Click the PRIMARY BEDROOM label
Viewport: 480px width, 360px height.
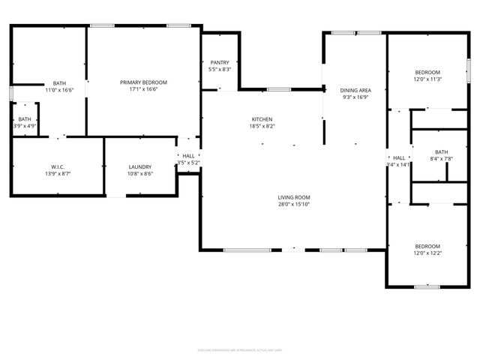tap(144, 82)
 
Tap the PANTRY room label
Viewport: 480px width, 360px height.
tap(220, 63)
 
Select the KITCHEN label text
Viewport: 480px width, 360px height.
tap(262, 119)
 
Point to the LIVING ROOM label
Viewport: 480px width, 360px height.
tap(295, 197)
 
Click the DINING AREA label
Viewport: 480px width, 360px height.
tap(355, 89)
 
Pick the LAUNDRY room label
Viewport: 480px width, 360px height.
tap(140, 166)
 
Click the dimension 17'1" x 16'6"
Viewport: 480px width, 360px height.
tap(144, 88)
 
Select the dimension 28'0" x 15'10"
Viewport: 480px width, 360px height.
tap(295, 204)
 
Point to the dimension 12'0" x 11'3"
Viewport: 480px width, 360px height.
tap(428, 79)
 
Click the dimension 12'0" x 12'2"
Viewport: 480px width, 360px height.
tap(428, 253)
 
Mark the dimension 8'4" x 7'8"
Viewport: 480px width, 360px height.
tap(441, 157)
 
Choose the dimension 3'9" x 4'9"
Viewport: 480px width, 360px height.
tap(24, 125)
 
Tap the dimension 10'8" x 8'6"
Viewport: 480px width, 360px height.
tap(140, 173)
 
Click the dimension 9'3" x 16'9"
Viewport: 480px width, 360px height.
tap(355, 96)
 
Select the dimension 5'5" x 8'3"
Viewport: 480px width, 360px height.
tap(220, 70)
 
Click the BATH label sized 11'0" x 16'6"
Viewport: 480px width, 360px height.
tap(59, 83)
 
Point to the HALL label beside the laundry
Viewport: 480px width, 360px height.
tap(188, 156)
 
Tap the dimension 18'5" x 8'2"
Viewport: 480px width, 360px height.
tap(262, 126)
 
